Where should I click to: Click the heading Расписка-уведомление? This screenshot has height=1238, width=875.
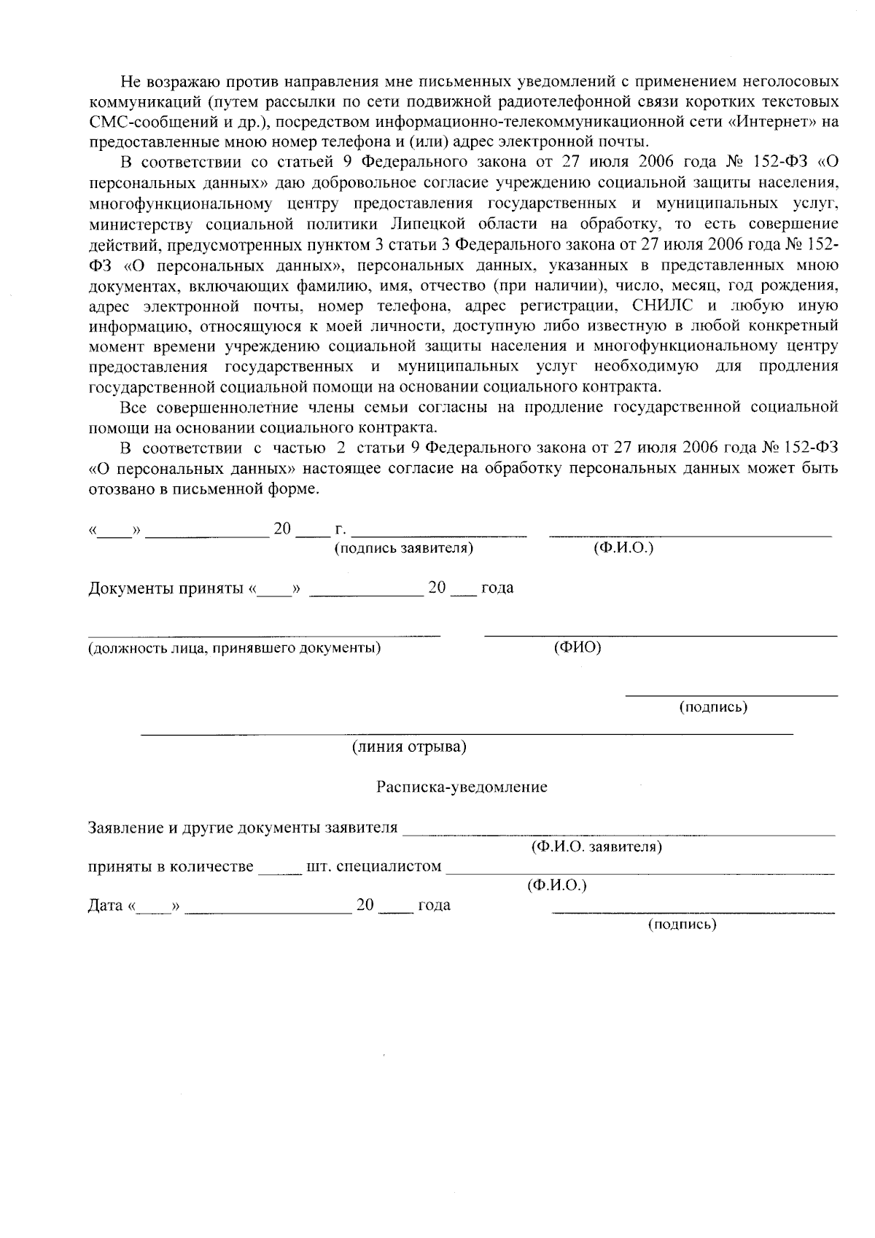click(x=461, y=787)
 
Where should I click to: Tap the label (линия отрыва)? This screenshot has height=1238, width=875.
click(x=409, y=747)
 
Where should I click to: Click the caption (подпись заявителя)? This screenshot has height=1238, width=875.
click(x=403, y=548)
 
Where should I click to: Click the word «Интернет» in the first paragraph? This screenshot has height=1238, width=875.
click(x=772, y=121)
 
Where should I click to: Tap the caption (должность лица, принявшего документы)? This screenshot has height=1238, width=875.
click(x=234, y=648)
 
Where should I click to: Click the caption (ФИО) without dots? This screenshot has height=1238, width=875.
click(x=577, y=647)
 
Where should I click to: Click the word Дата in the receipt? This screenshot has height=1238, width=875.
click(x=104, y=906)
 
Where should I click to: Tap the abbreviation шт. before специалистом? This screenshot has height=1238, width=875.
click(x=320, y=867)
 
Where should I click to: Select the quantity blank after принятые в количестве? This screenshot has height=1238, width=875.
click(x=280, y=872)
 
